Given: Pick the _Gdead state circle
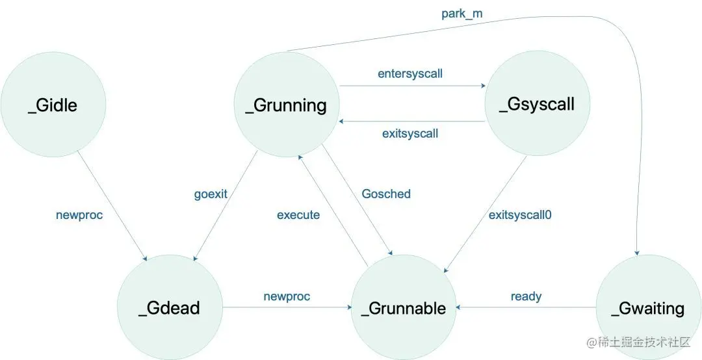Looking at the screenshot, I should point(169,307).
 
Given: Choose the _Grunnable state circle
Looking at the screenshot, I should point(403,307).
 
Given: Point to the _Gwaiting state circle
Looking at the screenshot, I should point(648,307).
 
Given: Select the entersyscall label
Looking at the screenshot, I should point(410,73).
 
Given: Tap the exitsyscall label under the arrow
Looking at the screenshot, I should point(410,134).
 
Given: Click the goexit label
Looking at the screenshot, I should point(210,194).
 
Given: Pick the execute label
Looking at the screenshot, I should point(298,214).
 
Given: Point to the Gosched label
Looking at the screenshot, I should point(386,194).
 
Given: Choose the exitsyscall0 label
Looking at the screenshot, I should point(525,214).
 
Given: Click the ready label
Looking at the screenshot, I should point(526,296).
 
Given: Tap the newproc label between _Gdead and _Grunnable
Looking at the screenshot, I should point(287,296).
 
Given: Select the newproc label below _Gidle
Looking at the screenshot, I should point(79,214).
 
